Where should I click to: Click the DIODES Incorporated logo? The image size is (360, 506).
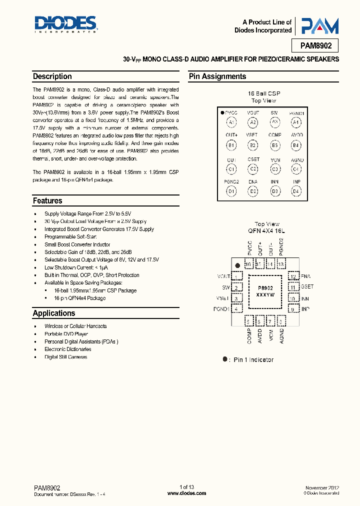[x=65, y=23]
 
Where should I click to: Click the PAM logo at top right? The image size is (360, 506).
[x=318, y=26]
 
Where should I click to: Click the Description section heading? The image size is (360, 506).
[x=52, y=76]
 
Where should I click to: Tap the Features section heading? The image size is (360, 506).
[x=48, y=200]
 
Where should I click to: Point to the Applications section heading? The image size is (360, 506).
[x=54, y=313]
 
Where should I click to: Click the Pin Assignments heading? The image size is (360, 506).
[x=217, y=76]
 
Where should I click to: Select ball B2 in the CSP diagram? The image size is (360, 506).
[x=253, y=145]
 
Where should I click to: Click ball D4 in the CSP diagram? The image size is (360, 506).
[x=296, y=191]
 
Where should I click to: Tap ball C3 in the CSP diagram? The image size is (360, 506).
[x=275, y=168]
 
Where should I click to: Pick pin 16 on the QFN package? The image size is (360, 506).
[x=248, y=264]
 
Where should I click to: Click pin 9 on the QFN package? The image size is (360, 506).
[x=293, y=309]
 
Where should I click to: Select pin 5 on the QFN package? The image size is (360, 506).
[x=248, y=321]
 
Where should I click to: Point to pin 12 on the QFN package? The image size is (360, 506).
[x=293, y=276]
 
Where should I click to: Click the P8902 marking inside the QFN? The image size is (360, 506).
[x=265, y=288]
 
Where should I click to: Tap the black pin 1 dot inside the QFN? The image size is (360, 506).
[x=238, y=265]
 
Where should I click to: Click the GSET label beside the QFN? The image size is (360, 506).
[x=307, y=287]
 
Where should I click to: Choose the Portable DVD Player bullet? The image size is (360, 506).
[x=66, y=333]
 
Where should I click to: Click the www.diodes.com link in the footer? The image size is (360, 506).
[x=186, y=493]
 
